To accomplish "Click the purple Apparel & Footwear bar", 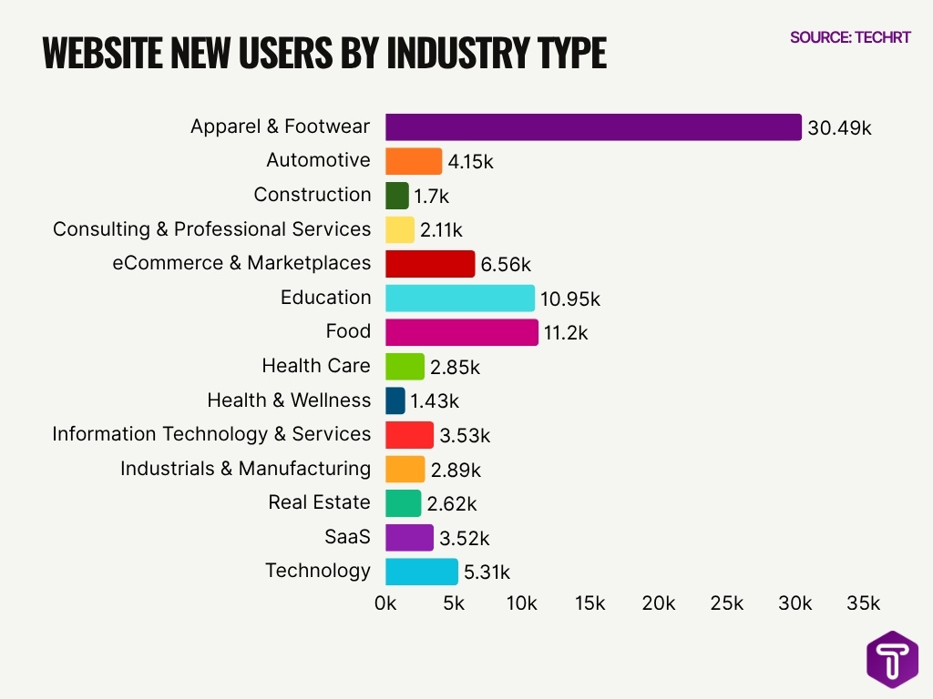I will point(593,127).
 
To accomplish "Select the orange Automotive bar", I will point(414,162).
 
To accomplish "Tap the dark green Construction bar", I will point(397,196).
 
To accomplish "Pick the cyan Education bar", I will point(460,299).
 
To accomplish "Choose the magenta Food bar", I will point(462,332).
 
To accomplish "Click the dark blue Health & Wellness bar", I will point(395,400).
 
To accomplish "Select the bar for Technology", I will point(422,572).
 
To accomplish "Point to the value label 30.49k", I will point(839,128).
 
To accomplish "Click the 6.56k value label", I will point(506,265).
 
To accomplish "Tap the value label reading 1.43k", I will point(435,401).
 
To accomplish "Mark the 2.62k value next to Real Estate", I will point(451,504).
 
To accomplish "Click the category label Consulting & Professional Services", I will point(211,229).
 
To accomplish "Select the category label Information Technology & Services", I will point(211,434).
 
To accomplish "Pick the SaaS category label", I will point(347,537).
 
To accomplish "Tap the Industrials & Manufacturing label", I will point(245,469).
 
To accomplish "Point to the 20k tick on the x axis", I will point(659,603).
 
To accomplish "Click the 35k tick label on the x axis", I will point(863,603).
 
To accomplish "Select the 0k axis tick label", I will point(385,603).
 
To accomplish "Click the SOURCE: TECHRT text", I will point(850,37).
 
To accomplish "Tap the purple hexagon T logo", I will point(892,658).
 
